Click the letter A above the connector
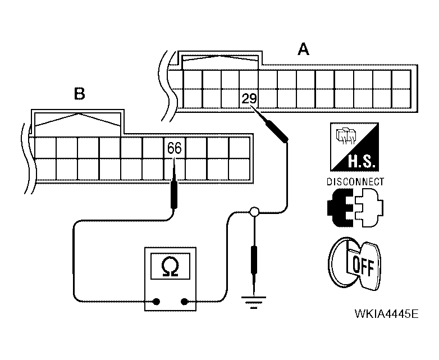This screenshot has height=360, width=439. click(x=303, y=51)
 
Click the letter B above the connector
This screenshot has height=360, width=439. click(x=80, y=93)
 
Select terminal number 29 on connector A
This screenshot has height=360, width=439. click(x=249, y=99)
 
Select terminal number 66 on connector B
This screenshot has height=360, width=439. click(x=174, y=148)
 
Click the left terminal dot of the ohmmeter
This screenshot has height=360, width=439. click(x=157, y=302)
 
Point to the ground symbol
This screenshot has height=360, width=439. click(x=255, y=303)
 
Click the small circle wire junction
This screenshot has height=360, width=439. click(x=254, y=212)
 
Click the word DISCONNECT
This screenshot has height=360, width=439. click(x=355, y=182)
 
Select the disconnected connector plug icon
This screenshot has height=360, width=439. click(x=354, y=208)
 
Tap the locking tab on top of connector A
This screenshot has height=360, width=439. click(x=219, y=58)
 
